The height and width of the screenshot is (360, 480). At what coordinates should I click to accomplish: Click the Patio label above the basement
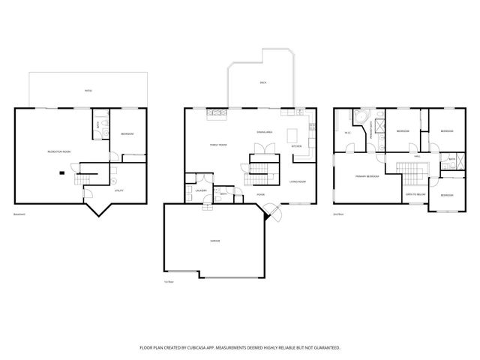click(x=88, y=91)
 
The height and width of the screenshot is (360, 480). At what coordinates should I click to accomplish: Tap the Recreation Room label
click(x=58, y=151)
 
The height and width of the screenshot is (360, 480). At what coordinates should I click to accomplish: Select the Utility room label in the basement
click(x=119, y=190)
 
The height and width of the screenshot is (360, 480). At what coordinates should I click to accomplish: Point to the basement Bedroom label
click(x=127, y=134)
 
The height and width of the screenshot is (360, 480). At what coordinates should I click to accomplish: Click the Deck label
click(x=262, y=82)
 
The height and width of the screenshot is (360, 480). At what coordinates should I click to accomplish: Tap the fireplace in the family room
click(x=217, y=112)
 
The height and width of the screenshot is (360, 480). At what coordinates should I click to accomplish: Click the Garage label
click(x=214, y=239)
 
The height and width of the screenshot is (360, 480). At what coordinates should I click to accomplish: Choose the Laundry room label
click(x=201, y=190)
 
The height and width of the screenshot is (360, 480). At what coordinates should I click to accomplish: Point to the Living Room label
click(x=298, y=181)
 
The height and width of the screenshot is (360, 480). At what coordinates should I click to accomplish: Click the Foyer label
click(x=260, y=194)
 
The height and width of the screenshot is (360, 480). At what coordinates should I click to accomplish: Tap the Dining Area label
click(x=263, y=131)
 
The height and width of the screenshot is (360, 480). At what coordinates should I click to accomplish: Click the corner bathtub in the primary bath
click(x=361, y=117)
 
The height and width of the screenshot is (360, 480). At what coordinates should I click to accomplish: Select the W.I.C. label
click(x=347, y=133)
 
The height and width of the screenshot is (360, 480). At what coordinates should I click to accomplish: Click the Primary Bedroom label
click(x=367, y=177)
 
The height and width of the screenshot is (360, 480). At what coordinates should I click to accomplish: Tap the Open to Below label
click(x=415, y=193)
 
